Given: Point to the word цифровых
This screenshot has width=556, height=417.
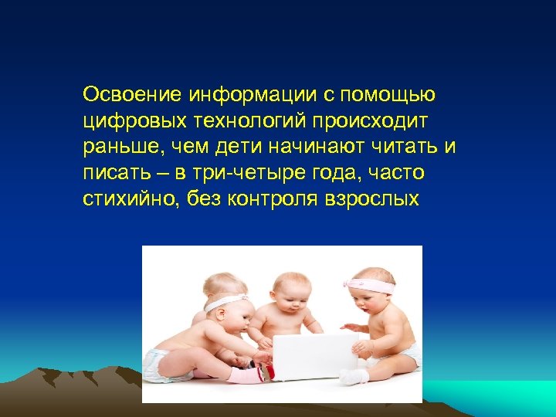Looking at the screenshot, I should [127, 122].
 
